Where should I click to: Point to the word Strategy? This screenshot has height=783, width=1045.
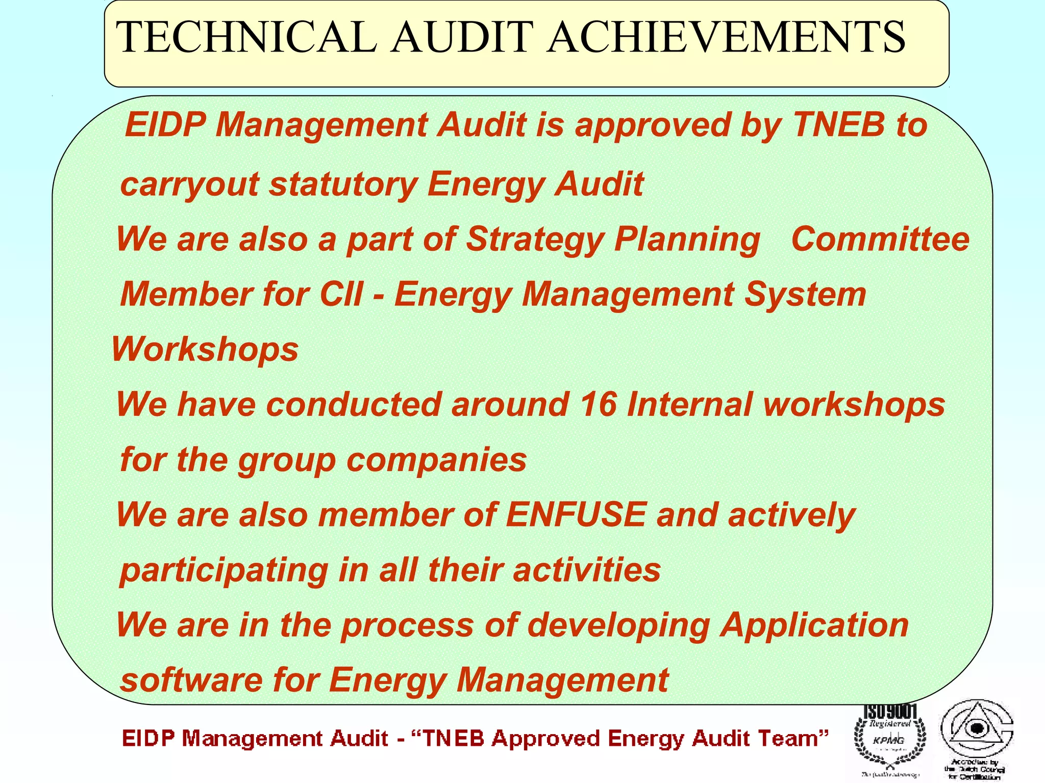(535, 240)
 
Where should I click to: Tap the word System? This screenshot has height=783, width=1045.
(805, 295)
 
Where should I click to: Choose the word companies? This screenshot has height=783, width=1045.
(436, 460)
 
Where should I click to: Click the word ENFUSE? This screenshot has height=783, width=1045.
(576, 514)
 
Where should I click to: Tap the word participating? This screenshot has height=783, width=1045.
(224, 570)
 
